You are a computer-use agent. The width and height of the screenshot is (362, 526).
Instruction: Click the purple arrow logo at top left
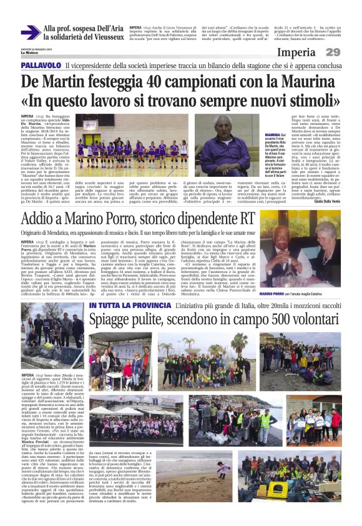pyautogui.click(x=31, y=32)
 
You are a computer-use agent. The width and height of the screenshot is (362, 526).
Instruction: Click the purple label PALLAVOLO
pyautogui.click(x=42, y=66)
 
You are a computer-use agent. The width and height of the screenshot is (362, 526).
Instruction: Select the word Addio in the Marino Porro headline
pyautogui.click(x=42, y=219)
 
